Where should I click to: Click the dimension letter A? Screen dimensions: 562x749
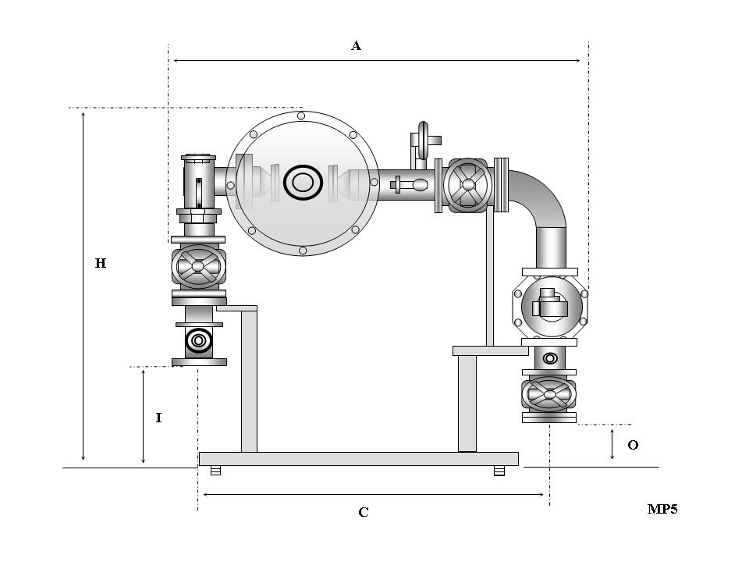356,46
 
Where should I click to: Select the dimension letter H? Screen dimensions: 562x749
101,264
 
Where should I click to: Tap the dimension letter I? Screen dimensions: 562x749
158,418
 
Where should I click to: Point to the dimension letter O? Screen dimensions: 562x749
633,445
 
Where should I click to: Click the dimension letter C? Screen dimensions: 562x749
364,512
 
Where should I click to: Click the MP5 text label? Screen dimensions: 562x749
662,509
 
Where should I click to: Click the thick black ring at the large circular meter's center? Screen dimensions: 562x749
303,183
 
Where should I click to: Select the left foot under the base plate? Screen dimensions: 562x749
216,471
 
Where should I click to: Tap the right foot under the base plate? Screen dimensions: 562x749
499,471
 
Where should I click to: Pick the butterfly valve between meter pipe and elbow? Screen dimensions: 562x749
468,185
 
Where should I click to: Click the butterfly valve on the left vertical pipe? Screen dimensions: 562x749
198,267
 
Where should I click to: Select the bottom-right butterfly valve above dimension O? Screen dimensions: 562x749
549,394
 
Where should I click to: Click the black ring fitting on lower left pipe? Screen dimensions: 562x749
199,340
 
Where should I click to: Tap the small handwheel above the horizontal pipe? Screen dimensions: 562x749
424,140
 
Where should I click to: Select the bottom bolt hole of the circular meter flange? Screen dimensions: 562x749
302,251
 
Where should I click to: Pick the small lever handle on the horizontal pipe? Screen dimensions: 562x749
410,185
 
